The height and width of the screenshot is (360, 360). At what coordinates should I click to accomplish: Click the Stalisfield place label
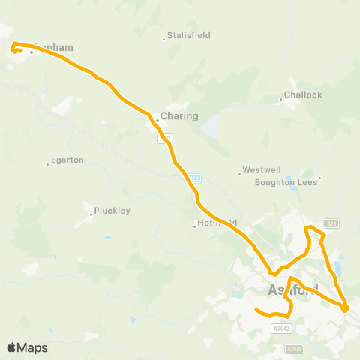(189, 36)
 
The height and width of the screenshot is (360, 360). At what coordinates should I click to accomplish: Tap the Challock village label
(304, 95)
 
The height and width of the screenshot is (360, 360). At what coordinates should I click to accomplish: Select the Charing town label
(180, 116)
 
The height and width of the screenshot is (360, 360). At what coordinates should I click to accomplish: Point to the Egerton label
(67, 160)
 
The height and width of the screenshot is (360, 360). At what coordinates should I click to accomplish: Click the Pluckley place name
(112, 211)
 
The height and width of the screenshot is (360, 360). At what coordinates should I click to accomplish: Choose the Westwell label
(260, 171)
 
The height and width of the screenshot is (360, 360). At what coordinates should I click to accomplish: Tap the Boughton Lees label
(286, 181)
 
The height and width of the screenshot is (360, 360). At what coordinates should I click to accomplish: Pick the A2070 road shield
(296, 348)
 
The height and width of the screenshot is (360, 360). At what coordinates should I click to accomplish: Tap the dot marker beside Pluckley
(91, 214)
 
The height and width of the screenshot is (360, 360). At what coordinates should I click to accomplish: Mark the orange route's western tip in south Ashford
(256, 309)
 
